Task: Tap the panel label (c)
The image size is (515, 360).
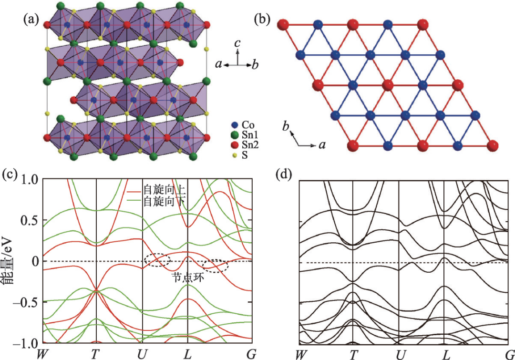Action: tap(10, 174)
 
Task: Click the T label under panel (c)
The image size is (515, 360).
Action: tap(96, 353)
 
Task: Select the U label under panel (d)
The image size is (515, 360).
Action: tap(398, 353)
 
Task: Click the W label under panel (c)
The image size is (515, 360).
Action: tap(43, 353)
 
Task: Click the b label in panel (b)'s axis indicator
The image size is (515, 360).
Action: tap(286, 127)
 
